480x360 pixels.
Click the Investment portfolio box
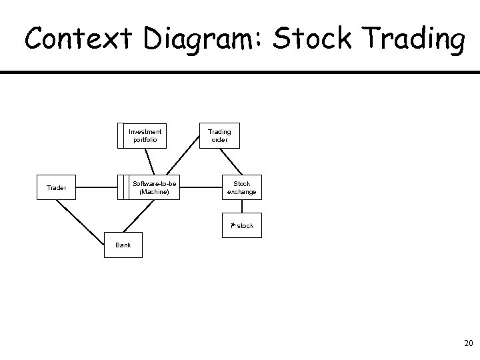[145, 135]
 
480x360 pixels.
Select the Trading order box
[219, 135]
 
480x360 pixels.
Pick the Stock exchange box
[241, 188]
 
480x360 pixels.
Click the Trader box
[56, 188]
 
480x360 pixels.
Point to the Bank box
[123, 245]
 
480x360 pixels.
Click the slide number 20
[467, 344]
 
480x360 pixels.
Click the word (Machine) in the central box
[155, 192]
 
